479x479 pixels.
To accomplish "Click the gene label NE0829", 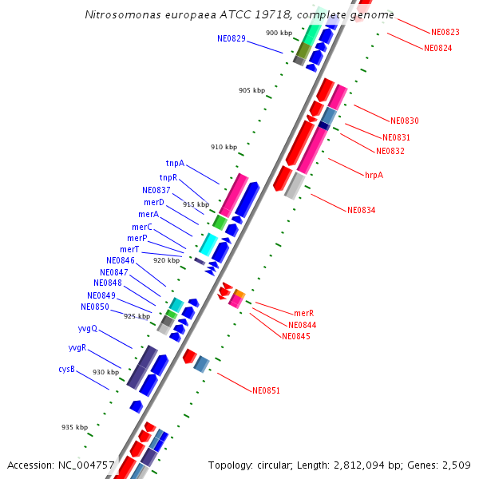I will click(231, 38).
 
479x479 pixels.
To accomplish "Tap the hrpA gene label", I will click(374, 174).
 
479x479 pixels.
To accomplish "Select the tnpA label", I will click(175, 163).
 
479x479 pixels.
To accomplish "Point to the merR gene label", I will click(303, 313).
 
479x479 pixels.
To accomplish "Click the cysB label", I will click(66, 369).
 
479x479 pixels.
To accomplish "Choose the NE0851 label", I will click(266, 390).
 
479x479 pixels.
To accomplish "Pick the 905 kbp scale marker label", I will click(251, 90).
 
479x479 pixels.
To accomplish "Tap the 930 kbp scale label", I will click(105, 372).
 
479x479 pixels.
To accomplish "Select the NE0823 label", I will click(445, 32).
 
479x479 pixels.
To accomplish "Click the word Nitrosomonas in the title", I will click(123, 15).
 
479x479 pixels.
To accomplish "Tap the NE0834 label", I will click(361, 210).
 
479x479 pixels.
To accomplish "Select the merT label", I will click(130, 249).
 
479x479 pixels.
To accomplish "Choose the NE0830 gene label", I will click(405, 121).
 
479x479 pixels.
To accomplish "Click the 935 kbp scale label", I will click(74, 427).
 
